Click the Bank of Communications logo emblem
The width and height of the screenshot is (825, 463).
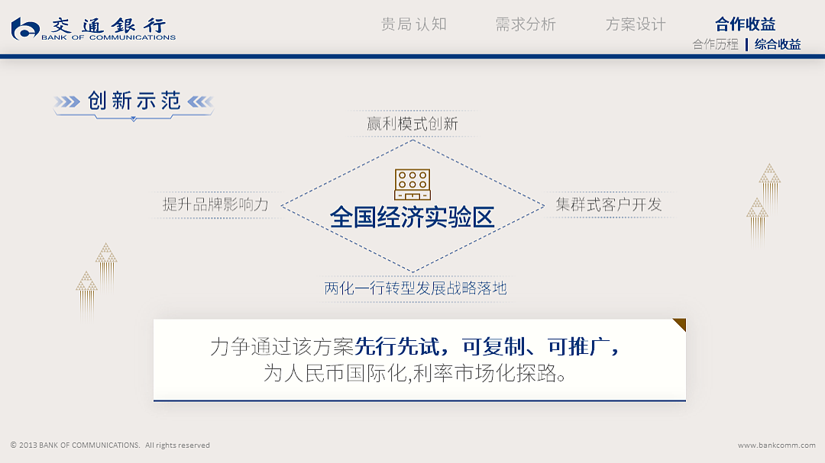point(25,29)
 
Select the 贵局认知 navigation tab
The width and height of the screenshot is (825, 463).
point(413,24)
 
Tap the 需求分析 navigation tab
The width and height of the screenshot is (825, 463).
point(526,24)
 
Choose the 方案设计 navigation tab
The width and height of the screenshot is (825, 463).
point(636,24)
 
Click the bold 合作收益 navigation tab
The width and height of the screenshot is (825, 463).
point(745,24)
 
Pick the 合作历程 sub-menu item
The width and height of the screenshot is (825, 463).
point(715,44)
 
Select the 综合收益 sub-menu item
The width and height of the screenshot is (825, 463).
point(778,44)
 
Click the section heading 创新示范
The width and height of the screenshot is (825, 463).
point(134,101)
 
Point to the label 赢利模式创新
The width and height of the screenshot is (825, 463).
point(412,124)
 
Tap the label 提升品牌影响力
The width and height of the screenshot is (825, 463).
point(215,204)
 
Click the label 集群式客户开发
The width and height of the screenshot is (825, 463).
point(608,204)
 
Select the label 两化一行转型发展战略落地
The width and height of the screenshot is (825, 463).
point(415,288)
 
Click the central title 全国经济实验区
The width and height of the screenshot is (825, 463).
point(412,217)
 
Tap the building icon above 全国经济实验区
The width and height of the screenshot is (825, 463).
point(412,185)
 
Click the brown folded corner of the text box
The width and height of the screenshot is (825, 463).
point(679,325)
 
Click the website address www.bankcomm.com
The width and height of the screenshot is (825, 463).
point(776,445)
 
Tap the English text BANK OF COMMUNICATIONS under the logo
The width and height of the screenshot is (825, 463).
point(108,37)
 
